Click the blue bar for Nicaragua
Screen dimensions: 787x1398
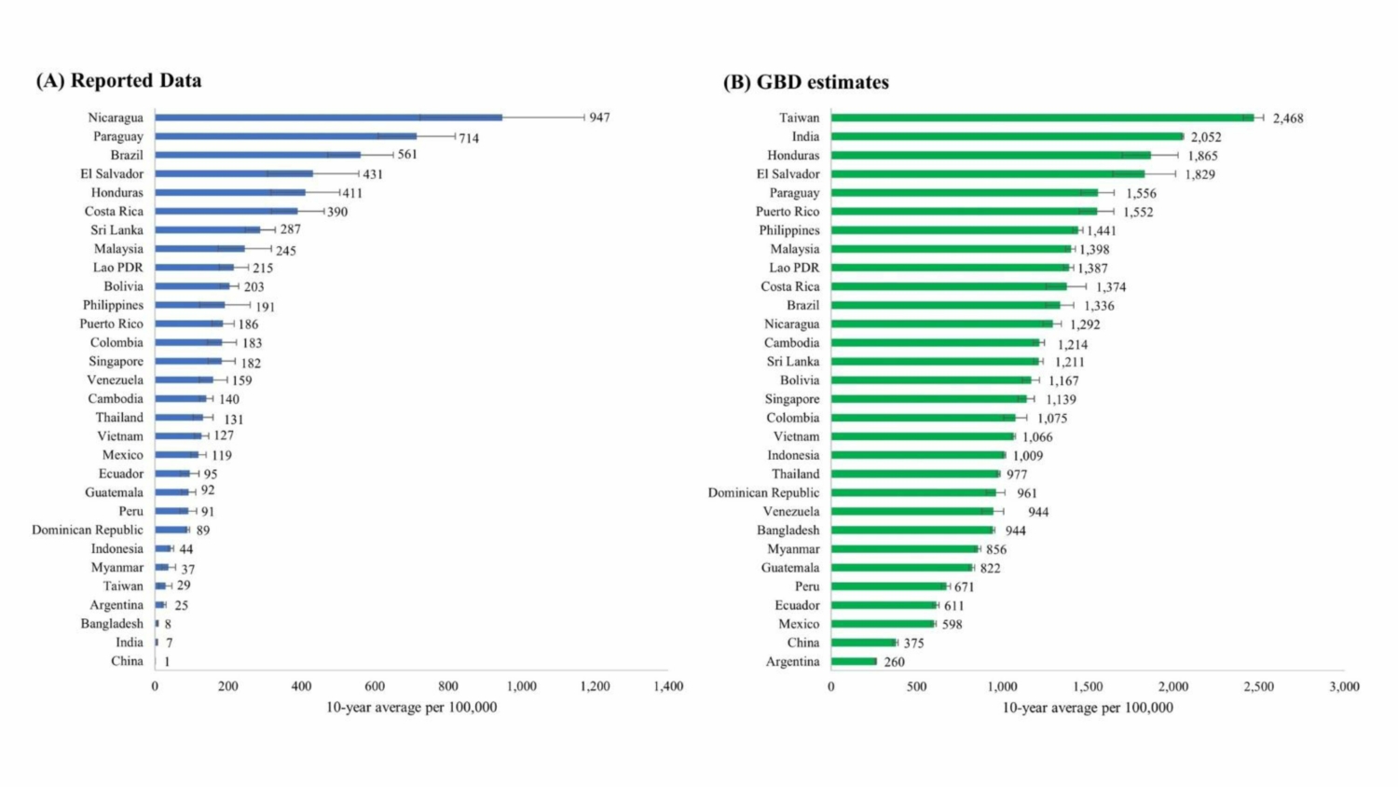point(328,117)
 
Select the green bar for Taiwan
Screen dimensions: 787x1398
point(1042,117)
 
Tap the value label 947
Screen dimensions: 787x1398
point(599,117)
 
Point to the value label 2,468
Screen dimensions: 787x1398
point(1288,118)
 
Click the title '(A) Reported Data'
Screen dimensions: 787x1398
point(118,81)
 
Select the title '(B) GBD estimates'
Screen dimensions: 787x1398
point(806,82)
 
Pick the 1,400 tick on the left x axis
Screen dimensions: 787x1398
point(668,686)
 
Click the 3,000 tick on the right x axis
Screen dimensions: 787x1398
point(1344,686)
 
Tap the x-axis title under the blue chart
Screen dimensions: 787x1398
point(411,708)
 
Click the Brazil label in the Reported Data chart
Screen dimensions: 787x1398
point(127,155)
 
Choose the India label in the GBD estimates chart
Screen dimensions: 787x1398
point(805,136)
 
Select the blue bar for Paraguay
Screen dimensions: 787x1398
point(285,136)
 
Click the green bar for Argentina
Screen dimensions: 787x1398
point(854,661)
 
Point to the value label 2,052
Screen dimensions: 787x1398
point(1206,137)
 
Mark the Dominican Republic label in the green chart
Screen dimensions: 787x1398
point(763,492)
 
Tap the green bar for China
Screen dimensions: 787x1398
point(863,642)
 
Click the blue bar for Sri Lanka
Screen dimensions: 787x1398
point(208,229)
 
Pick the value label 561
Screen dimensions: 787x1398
point(407,155)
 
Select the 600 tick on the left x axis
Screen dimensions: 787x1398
point(375,686)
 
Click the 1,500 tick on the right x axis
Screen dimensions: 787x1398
point(1088,686)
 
